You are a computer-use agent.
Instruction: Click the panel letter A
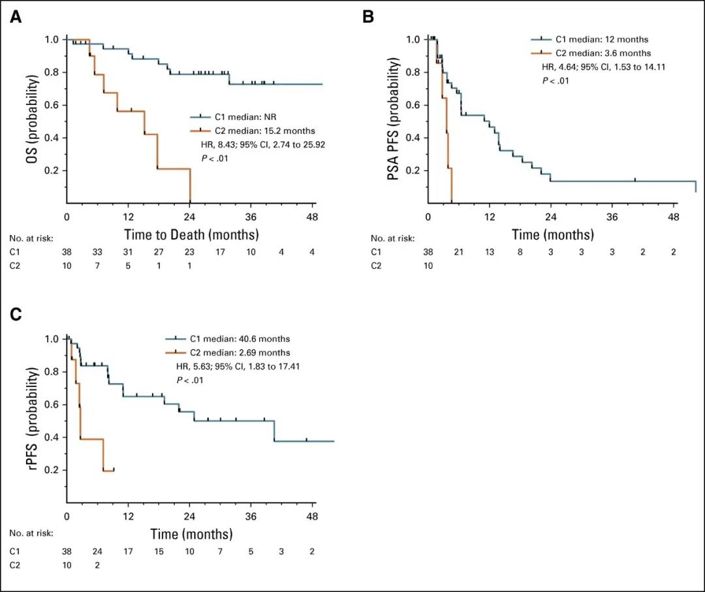pos(16,17)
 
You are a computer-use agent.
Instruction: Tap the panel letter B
pos(368,17)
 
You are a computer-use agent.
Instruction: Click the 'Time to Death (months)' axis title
pos(192,234)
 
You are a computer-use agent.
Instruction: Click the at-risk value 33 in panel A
pos(97,252)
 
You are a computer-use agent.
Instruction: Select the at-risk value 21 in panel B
pos(458,252)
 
